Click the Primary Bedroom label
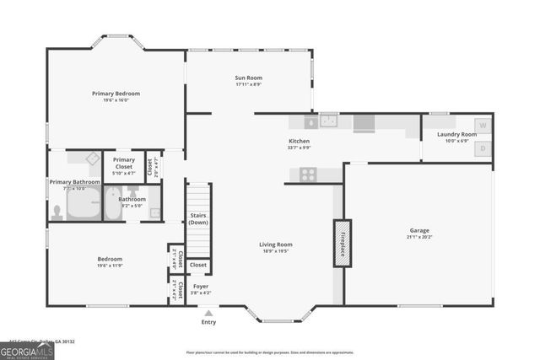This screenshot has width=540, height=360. tap(116, 93)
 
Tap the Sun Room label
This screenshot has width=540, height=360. tap(248, 78)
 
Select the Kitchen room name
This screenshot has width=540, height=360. tap(300, 141)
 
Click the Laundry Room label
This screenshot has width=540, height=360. tap(456, 134)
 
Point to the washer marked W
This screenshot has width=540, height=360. tap(483, 126)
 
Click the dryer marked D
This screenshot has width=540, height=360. tap(483, 148)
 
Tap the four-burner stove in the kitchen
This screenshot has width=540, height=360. tap(308, 175)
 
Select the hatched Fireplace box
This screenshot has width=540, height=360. tap(342, 244)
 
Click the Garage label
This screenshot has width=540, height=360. tap(419, 230)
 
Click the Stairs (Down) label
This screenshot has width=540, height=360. tap(198, 219)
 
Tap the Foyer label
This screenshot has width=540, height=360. tap(201, 286)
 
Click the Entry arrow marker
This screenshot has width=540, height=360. tap(208, 312)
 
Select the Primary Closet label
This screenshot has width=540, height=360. tap(124, 163)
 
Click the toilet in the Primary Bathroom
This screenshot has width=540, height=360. tap(57, 210)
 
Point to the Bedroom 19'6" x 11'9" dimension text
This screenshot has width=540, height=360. tap(110, 266)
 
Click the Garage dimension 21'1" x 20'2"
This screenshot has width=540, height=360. tap(419, 237)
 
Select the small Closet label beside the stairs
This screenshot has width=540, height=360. tap(198, 265)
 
